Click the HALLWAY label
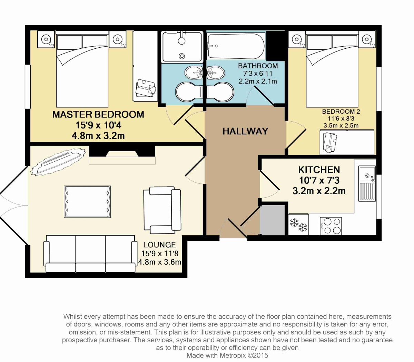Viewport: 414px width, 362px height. point(245,131)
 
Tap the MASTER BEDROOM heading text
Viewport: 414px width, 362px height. point(98,114)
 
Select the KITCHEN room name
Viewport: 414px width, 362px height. point(319,170)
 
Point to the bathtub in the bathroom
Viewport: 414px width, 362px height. point(236,46)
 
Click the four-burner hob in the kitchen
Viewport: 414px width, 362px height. point(331,226)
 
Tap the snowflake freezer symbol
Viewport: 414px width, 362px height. point(298,225)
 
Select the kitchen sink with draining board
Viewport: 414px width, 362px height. point(367,183)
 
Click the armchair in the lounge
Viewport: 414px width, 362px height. point(162,210)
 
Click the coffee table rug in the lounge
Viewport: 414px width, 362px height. point(87,202)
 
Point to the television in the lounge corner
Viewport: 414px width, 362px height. point(58,162)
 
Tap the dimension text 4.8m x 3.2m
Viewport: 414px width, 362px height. point(98,136)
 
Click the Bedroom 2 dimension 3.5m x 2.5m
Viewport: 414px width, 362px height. point(341,126)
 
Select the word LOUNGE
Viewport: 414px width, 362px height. point(159,245)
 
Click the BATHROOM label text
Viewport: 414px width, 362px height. point(258,66)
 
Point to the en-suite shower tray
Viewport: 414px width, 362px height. point(182,46)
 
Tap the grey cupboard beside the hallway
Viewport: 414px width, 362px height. point(272,220)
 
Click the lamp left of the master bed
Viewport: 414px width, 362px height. point(46,39)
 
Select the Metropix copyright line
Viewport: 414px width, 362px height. point(227,355)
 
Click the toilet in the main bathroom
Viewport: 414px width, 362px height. point(220,92)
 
